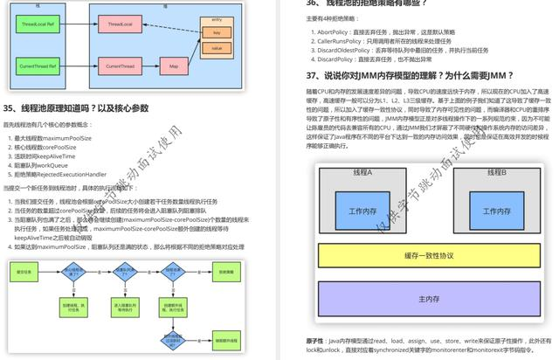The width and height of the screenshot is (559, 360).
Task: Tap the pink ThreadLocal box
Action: point(122,26)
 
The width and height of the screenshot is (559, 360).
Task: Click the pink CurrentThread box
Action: point(122,66)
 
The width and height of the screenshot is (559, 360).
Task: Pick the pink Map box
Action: point(173,66)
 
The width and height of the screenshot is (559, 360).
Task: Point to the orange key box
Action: point(216,33)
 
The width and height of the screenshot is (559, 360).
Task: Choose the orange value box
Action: point(216,50)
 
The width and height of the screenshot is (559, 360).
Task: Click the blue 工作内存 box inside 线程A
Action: point(361,211)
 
